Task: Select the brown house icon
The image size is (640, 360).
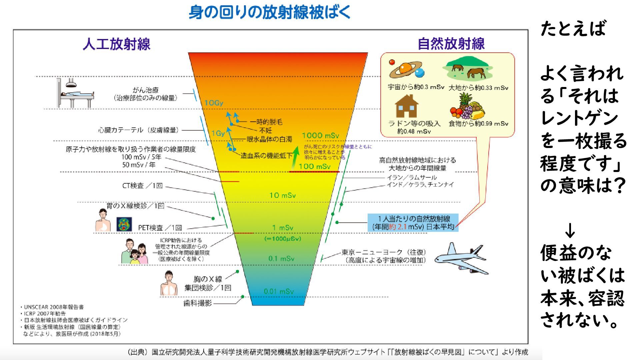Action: (x=406, y=106)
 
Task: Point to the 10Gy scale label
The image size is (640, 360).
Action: (x=214, y=103)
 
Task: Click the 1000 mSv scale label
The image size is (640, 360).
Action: (x=320, y=135)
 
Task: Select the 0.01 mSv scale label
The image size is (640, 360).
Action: (x=279, y=291)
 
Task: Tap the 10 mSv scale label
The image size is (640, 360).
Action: (x=282, y=195)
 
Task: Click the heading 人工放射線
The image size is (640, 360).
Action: (x=117, y=44)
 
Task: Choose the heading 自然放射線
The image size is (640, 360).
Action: (x=451, y=44)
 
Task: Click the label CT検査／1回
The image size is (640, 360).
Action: (x=142, y=186)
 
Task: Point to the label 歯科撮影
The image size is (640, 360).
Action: (x=198, y=303)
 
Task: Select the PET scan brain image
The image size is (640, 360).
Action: (x=124, y=224)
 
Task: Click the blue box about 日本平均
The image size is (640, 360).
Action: (x=413, y=223)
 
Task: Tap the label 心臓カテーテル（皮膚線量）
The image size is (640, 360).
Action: (x=138, y=130)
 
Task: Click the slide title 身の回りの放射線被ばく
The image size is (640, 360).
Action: (x=270, y=12)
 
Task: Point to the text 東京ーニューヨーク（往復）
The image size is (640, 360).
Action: (x=384, y=252)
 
